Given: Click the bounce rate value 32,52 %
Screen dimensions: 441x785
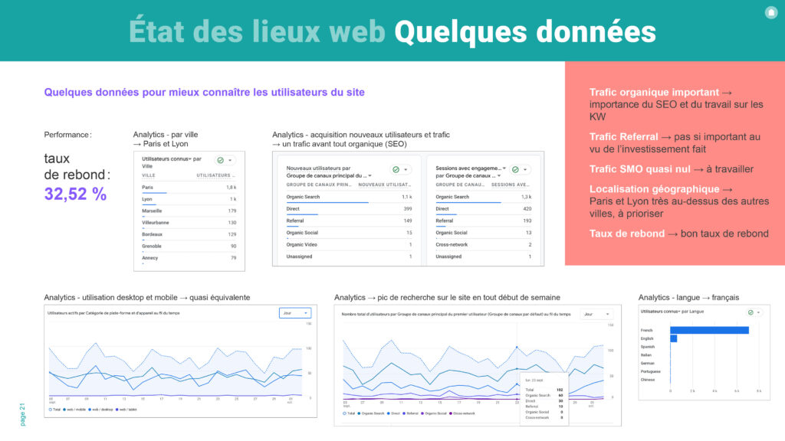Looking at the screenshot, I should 75,194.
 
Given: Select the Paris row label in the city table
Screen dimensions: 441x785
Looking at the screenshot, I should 148,187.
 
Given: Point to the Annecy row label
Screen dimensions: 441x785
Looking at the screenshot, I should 151,257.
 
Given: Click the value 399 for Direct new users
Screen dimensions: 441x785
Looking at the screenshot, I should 406,208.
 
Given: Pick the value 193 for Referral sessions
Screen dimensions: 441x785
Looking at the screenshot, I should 527,220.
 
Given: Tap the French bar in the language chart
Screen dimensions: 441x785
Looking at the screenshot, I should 709,330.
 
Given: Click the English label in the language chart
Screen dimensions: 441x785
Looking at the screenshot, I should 648,338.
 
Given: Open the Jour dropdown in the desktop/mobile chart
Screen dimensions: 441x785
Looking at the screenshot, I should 296,313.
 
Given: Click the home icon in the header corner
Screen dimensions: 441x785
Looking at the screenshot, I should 770,12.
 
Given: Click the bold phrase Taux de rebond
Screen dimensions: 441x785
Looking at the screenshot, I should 626,234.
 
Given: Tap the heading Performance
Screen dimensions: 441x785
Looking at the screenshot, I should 67,135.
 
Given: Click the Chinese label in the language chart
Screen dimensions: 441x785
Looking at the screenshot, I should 648,380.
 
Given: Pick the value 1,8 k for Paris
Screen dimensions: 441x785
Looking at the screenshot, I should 231,187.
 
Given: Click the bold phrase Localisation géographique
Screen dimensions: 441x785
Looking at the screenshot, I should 654,189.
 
